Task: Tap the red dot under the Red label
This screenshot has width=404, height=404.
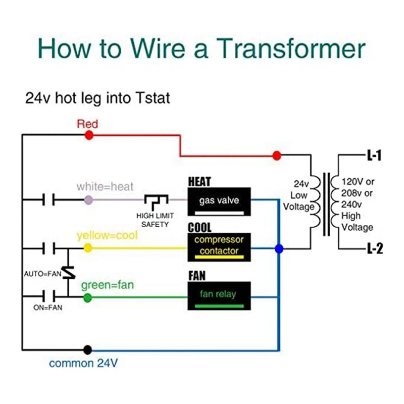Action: click(89, 135)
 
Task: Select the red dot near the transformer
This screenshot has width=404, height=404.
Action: click(276, 156)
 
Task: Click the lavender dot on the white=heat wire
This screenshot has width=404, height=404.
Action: click(89, 200)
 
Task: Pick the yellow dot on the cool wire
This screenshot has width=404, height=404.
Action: click(88, 248)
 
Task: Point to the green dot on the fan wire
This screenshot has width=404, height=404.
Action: click(88, 297)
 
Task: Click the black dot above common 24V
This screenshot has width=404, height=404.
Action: click(88, 349)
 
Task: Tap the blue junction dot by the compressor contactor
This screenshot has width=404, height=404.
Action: click(279, 248)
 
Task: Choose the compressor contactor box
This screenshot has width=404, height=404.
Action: click(219, 246)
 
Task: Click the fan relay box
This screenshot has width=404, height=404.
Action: click(219, 295)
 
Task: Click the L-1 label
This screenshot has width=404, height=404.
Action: click(373, 156)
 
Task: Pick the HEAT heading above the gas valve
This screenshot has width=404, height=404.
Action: click(199, 182)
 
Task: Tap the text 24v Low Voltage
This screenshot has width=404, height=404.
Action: click(299, 195)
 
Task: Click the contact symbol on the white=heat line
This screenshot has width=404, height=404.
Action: click(48, 200)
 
